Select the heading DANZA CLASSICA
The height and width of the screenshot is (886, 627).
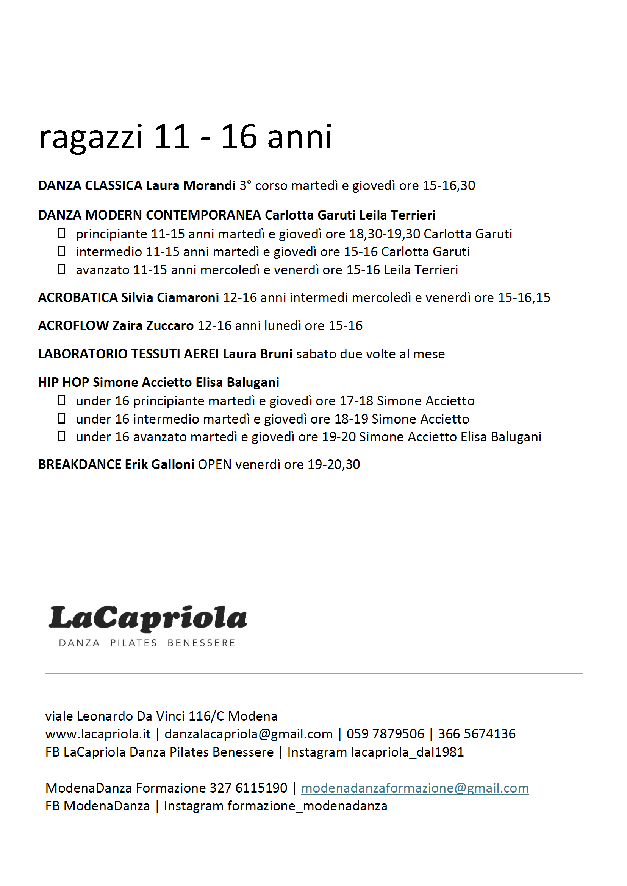pos(90,185)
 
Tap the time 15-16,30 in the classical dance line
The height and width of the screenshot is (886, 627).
pos(449,185)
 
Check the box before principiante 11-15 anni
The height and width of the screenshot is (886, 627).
pos(61,234)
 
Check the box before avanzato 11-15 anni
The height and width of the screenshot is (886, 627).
pos(61,269)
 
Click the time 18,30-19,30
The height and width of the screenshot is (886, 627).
pos(385,234)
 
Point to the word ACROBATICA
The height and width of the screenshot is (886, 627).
pos(78,297)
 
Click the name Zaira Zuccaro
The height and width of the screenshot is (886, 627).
pos(153,326)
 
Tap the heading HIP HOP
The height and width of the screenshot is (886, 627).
pos(63,382)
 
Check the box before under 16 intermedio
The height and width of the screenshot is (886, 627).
pos(61,419)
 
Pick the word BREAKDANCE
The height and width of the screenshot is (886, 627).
pos(80,465)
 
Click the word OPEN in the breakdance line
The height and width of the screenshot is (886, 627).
pos(214,465)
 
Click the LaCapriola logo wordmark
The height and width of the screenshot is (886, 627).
pos(148,618)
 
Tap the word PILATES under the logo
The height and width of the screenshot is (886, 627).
pos(134,643)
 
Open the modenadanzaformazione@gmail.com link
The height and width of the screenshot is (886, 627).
pos(414,788)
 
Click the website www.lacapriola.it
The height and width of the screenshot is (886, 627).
pos(98,734)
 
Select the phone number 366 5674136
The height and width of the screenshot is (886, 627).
pos(476,734)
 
